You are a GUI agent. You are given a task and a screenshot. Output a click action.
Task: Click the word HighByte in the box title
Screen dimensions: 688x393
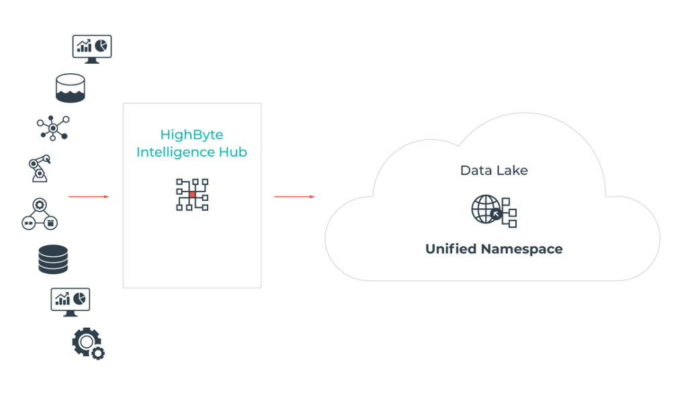click(191, 134)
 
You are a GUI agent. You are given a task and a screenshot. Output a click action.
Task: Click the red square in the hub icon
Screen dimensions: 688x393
click(192, 194)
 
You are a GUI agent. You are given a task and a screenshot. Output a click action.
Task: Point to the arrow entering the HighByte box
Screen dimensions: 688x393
click(89, 196)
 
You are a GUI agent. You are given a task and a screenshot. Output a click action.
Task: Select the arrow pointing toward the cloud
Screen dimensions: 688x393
click(294, 196)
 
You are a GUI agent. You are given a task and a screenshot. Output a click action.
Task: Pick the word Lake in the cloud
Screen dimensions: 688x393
click(513, 170)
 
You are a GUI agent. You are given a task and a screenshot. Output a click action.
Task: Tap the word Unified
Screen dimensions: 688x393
click(451, 249)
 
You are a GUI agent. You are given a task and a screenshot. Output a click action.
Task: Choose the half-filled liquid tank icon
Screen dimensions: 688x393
click(70, 88)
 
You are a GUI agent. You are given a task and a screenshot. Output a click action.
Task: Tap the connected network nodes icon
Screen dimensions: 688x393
click(53, 128)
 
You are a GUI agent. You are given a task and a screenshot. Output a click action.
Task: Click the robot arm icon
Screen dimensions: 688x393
click(40, 168)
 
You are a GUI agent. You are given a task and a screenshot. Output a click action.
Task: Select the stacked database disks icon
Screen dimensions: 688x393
click(53, 259)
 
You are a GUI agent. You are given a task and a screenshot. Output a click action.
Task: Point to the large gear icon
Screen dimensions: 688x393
click(87, 342)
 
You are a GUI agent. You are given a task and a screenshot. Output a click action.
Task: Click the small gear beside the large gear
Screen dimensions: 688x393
click(98, 353)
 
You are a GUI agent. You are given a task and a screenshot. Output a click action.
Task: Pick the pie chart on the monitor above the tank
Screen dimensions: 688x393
click(101, 46)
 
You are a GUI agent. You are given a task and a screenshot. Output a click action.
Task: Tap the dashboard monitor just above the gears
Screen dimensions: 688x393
click(70, 302)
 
